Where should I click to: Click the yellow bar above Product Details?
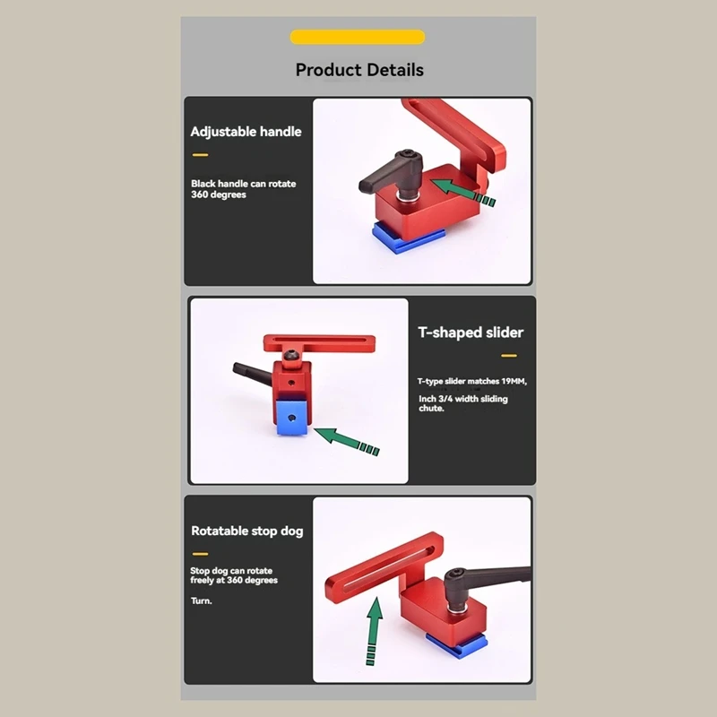click(358, 37)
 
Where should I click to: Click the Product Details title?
click(359, 70)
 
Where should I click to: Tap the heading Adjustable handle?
click(246, 132)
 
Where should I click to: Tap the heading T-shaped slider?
click(471, 333)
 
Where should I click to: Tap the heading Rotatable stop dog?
click(246, 531)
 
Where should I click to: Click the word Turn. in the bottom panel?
click(201, 600)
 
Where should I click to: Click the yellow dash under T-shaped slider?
click(508, 356)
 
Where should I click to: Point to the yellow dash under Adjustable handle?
click(199, 155)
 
